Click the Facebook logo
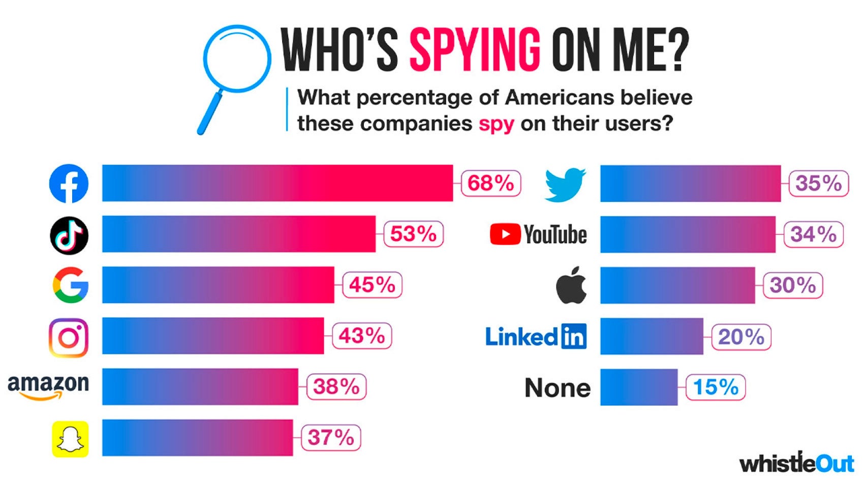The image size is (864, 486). coord(69,184)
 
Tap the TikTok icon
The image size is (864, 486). coord(69,235)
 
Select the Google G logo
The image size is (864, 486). coord(71,285)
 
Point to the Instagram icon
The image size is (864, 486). coord(69,338)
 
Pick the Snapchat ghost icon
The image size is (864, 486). coord(70,439)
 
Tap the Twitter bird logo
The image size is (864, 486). coord(565,184)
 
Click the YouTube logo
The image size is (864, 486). coord(538,234)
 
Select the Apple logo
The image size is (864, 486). coord(571,285)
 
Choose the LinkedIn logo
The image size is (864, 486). coord(536,337)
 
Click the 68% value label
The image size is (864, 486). coord(490,184)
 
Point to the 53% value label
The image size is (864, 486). coord(413,234)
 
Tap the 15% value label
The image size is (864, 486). coord(716,387)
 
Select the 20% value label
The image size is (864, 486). coord(741,337)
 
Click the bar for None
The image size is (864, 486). coord(639,387)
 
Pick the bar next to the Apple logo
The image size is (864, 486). coord(677,285)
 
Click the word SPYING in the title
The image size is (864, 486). coord(475,49)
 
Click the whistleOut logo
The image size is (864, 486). coord(796,463)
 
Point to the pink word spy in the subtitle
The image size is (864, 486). coord(496,124)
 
